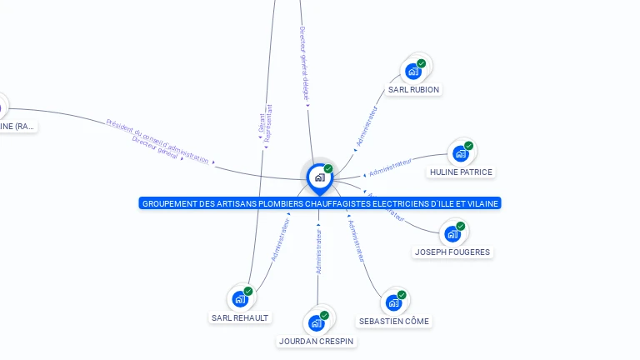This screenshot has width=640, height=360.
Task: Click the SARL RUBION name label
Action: (413, 89)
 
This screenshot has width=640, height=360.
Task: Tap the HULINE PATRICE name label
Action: (461, 172)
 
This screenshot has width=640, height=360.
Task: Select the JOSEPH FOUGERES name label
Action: (452, 252)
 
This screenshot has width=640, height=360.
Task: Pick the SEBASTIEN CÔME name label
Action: (394, 321)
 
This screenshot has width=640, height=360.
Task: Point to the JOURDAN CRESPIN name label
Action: (316, 341)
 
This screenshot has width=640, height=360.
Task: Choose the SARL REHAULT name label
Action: (240, 317)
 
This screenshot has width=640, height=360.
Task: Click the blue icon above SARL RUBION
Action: (412, 71)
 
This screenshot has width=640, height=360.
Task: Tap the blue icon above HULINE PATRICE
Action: (460, 153)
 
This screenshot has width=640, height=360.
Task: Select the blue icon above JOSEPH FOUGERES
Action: (452, 233)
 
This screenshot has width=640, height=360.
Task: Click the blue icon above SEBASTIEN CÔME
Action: (393, 302)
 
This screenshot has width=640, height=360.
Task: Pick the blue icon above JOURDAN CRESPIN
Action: (316, 322)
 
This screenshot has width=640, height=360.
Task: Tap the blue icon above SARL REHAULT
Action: (240, 298)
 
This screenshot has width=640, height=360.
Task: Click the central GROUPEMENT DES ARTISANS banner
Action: (320, 203)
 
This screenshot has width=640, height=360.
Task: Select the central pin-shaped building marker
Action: (319, 177)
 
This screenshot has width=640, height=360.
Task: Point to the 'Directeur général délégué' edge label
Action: (303, 62)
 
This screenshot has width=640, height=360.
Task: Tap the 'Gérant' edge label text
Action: (261, 122)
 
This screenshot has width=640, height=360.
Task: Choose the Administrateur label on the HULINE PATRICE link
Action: (390, 167)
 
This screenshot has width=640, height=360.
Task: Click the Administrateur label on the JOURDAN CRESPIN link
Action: (318, 248)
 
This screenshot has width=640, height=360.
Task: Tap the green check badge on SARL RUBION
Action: (422, 63)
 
